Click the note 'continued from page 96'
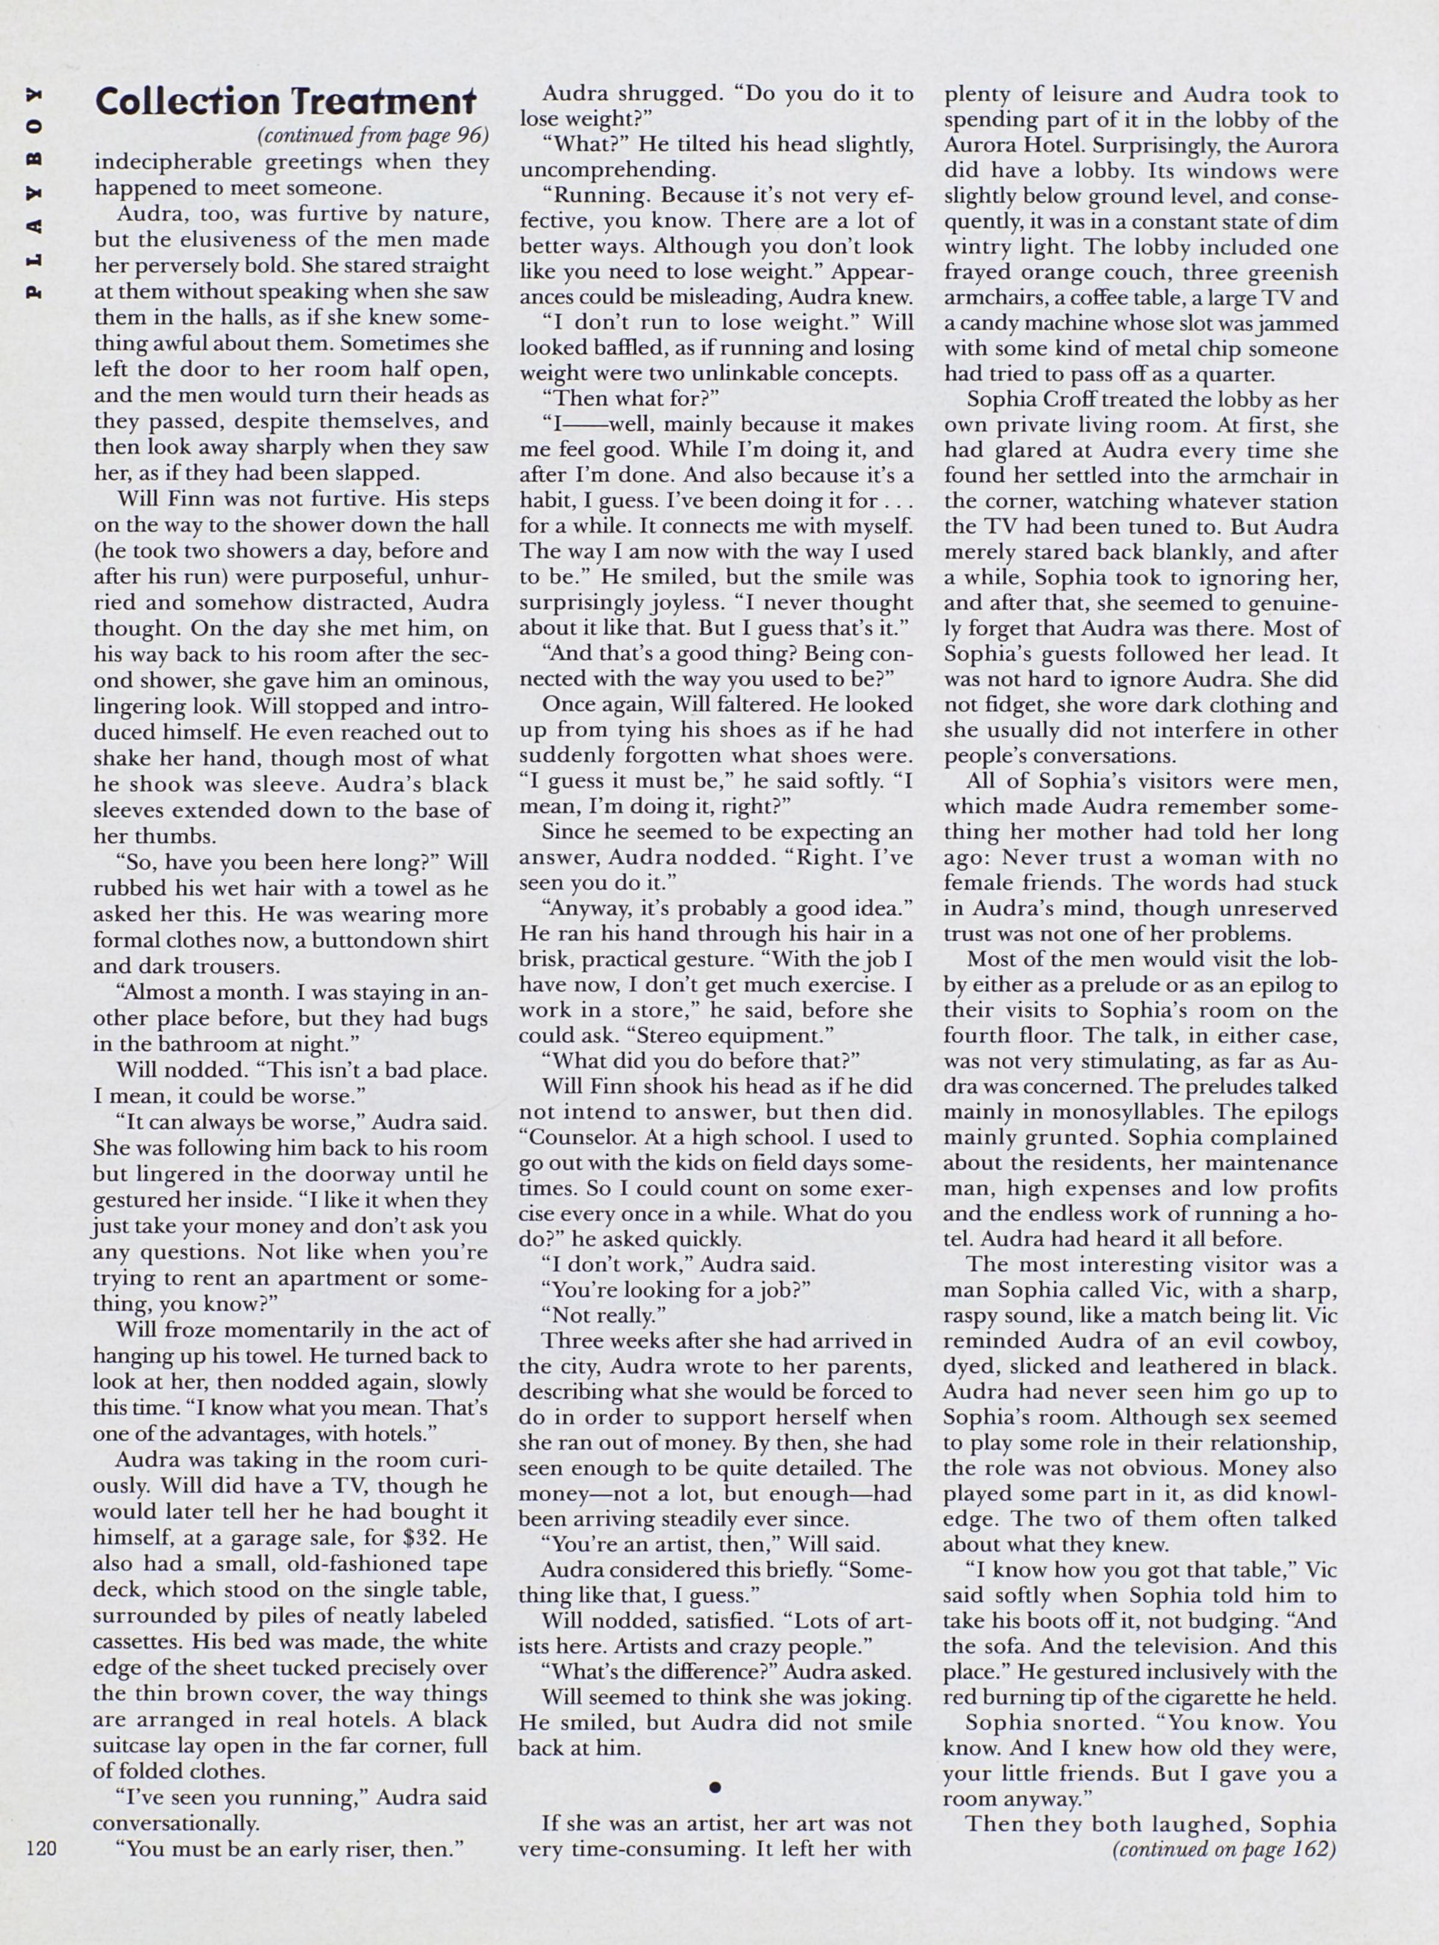[373, 137]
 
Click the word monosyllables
[1128, 1112]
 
